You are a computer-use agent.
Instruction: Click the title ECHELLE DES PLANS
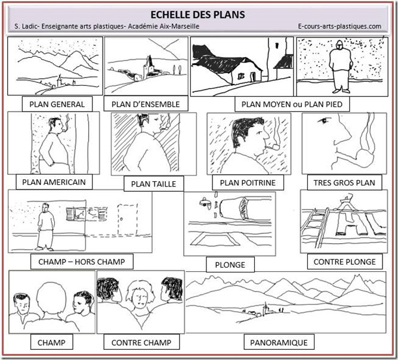click(x=198, y=14)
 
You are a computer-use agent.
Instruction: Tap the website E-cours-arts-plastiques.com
click(x=340, y=26)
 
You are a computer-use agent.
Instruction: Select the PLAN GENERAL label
click(x=57, y=104)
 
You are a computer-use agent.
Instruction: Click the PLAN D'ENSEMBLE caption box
click(x=146, y=104)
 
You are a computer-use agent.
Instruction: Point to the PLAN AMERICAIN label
click(x=54, y=182)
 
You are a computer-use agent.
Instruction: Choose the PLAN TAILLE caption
click(x=153, y=184)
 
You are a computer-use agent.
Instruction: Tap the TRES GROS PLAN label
click(x=344, y=182)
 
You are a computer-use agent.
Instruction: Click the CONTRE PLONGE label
click(x=345, y=262)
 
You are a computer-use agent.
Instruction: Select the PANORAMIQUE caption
click(x=279, y=343)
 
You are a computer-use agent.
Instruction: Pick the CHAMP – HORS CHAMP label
click(x=82, y=262)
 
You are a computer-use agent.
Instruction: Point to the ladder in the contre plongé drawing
click(x=316, y=227)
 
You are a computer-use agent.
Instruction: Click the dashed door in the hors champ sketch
click(x=127, y=219)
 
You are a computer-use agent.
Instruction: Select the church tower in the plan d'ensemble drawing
click(x=149, y=67)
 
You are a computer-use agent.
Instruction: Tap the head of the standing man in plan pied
click(x=339, y=45)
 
